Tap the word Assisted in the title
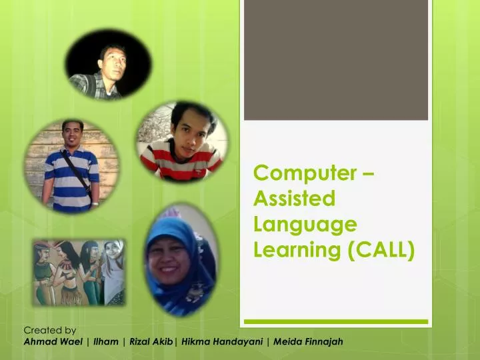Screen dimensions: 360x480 pyautogui.click(x=294, y=199)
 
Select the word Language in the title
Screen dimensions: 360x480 pyautogui.click(x=305, y=225)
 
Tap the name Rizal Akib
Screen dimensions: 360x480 pyautogui.click(x=151, y=342)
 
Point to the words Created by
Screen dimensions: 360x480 pyautogui.click(x=50, y=330)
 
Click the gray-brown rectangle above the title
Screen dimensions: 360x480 pyautogui.click(x=335, y=60)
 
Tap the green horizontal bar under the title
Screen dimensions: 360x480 pyautogui.click(x=335, y=322)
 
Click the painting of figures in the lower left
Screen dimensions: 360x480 pyautogui.click(x=78, y=272)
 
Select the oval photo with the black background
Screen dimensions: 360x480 pyautogui.click(x=109, y=64)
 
